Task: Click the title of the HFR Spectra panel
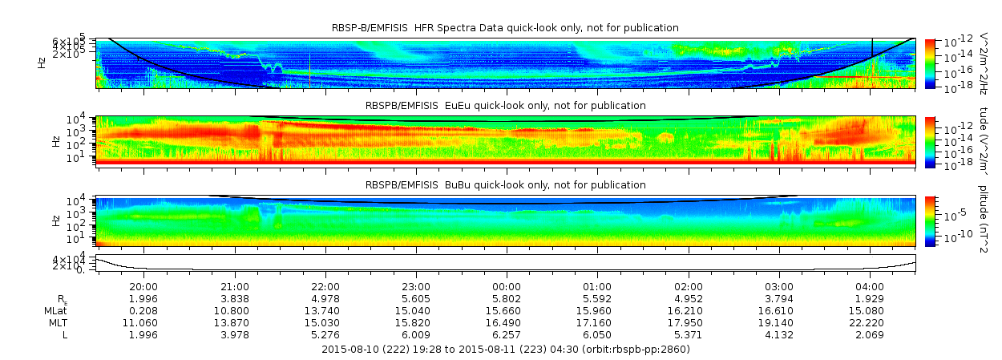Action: click(x=505, y=28)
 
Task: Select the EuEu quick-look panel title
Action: click(x=505, y=106)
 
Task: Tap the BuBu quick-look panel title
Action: click(x=505, y=185)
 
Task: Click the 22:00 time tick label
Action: click(x=325, y=286)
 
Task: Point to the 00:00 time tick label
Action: click(x=507, y=286)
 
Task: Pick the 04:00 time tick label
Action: click(x=871, y=286)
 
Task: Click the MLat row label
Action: click(x=55, y=310)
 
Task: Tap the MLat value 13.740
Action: click(x=325, y=310)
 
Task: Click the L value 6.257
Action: click(x=507, y=334)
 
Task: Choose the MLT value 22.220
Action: click(x=871, y=322)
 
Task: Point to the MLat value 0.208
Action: click(x=143, y=310)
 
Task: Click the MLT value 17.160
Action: click(x=597, y=322)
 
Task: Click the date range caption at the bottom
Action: click(x=505, y=350)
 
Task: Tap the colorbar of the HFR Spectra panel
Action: click(x=930, y=63)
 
